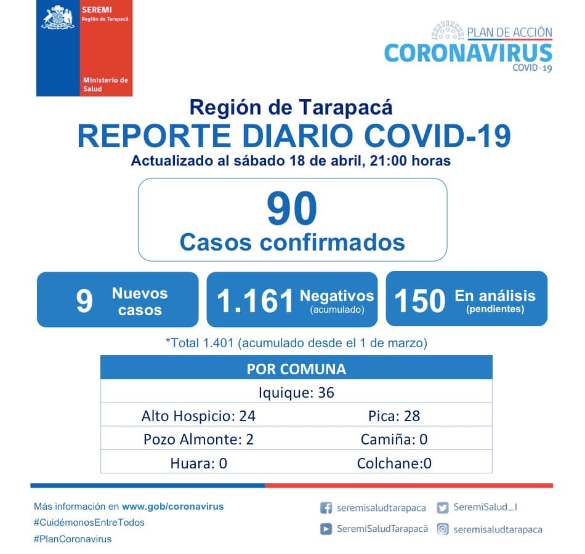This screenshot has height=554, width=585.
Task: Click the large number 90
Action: (x=292, y=209)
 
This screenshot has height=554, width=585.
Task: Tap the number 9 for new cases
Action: (x=84, y=301)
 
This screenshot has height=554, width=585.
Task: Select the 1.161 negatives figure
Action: (x=256, y=301)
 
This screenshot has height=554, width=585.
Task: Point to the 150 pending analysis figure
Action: (x=419, y=301)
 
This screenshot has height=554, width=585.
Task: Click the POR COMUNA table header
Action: (x=296, y=369)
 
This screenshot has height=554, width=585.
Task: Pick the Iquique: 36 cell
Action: (x=296, y=392)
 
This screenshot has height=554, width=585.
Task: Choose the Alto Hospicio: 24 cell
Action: (x=198, y=415)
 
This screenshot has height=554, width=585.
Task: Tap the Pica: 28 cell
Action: (x=394, y=415)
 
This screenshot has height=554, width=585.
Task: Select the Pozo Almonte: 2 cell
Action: (x=198, y=439)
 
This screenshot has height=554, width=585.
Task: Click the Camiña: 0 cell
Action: (x=394, y=439)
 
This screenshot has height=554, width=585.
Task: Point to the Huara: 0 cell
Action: (x=198, y=463)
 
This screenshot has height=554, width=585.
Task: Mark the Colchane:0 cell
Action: (x=394, y=463)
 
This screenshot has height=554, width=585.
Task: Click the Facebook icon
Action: (x=326, y=508)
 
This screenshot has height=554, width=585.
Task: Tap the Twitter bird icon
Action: (x=442, y=508)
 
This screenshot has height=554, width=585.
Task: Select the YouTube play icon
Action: (x=326, y=529)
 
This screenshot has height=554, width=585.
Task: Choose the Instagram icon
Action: (x=442, y=529)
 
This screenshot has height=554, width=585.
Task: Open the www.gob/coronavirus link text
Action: (x=172, y=507)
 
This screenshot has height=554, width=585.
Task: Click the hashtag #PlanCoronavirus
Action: (x=73, y=539)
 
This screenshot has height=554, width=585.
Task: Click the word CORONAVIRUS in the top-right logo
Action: (x=468, y=52)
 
